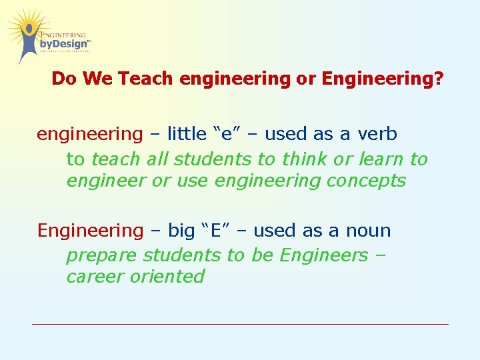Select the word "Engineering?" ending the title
coord(383,79)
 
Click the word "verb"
coord(377,134)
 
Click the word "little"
coord(187,134)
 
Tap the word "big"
coord(181,231)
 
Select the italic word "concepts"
coord(366,181)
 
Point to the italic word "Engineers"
coord(323,255)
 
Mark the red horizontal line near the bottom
coord(240,324)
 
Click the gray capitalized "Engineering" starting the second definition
coord(90,231)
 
